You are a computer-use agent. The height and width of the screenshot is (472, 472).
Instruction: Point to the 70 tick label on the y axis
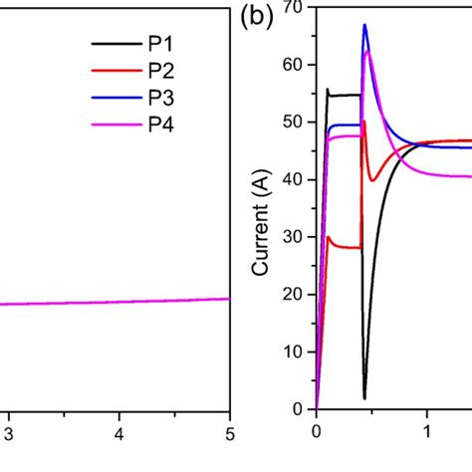[x=292, y=7]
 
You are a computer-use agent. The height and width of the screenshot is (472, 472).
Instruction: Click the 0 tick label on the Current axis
[x=297, y=409]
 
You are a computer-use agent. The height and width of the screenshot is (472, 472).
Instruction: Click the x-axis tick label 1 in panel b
[x=426, y=433]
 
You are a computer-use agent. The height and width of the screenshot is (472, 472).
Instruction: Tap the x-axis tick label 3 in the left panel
[x=9, y=433]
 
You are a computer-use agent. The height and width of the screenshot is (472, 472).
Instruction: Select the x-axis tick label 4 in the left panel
[x=119, y=433]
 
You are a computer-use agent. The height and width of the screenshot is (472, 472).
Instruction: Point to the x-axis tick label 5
[x=229, y=433]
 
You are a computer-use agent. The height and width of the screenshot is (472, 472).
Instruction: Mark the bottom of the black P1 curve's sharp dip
[x=364, y=397]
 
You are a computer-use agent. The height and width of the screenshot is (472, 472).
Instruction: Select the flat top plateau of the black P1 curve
[x=345, y=95]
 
